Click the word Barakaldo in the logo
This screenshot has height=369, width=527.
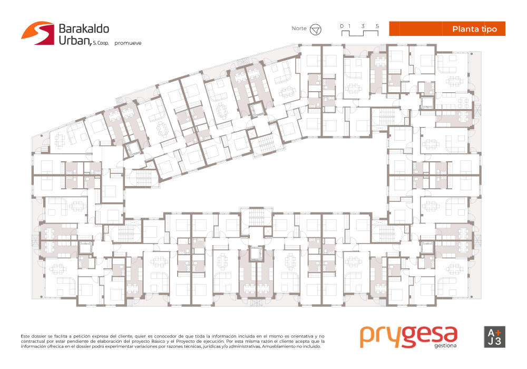coord(84,29)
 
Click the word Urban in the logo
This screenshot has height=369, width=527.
coord(75,41)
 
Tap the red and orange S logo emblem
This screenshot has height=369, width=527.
coord(37,33)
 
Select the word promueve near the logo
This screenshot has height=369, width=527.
coord(128,43)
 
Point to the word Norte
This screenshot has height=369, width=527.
coord(299,28)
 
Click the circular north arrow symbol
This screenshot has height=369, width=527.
coord(315,30)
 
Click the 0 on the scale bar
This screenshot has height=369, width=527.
coord(342,26)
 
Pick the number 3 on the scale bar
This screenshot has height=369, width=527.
coord(363,26)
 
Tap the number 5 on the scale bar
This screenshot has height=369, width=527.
coord(377,26)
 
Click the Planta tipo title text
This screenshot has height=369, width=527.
coord(475,29)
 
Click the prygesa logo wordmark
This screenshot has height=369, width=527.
coord(409,336)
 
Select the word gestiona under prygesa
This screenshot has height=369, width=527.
coord(445,345)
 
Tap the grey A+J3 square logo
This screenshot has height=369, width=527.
coord(494,337)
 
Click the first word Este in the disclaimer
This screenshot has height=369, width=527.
coord(25,336)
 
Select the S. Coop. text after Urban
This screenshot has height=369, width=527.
coord(101,43)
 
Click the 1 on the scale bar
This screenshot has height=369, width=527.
coord(349,26)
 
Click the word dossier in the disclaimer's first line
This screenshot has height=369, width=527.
coord(39,336)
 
